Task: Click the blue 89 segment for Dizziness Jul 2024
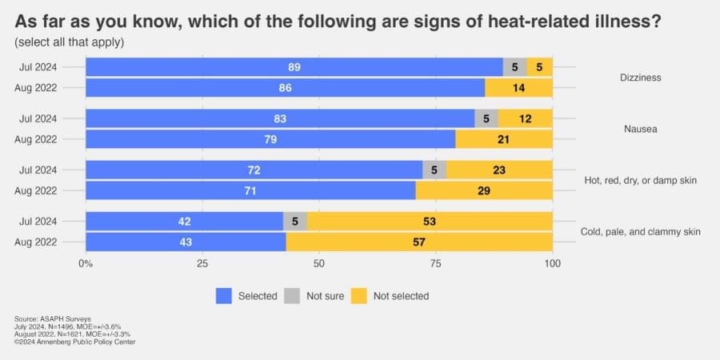294,67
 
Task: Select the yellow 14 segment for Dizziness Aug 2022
518,87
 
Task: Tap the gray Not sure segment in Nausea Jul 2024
486,118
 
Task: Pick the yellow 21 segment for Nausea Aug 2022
504,138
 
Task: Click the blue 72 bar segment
254,170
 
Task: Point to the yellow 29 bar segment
484,190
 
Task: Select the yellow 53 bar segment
430,222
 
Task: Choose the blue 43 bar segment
186,242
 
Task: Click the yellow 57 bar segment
419,242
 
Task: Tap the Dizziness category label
639,78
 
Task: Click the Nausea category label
639,129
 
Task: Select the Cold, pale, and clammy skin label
639,232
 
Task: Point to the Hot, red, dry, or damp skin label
639,181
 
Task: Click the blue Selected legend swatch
224,296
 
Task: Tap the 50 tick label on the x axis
318,263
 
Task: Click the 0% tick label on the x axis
86,263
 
